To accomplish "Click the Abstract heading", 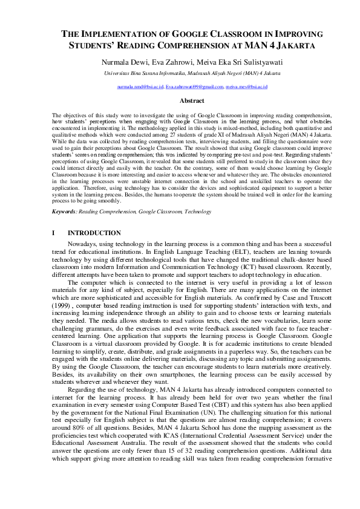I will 192,101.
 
